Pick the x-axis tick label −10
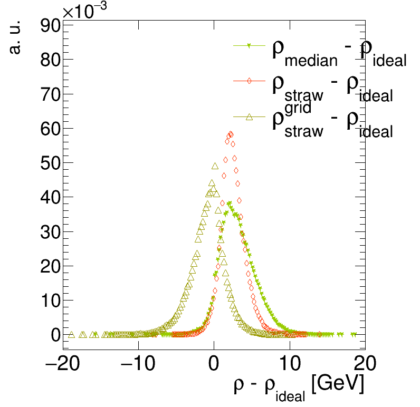pyautogui.click(x=139, y=364)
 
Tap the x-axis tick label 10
pyautogui.click(x=290, y=364)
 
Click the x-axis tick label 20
pyautogui.click(x=365, y=364)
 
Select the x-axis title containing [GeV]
pyautogui.click(x=299, y=386)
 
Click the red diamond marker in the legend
pyautogui.click(x=249, y=81)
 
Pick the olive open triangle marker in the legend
pyautogui.click(x=249, y=117)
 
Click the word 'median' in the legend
pyautogui.click(x=310, y=61)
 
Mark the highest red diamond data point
pyautogui.click(x=231, y=134)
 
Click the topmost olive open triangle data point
pyautogui.click(x=215, y=166)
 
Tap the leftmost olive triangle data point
pyautogui.click(x=71, y=334)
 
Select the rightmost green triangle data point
pyautogui.click(x=354, y=334)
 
